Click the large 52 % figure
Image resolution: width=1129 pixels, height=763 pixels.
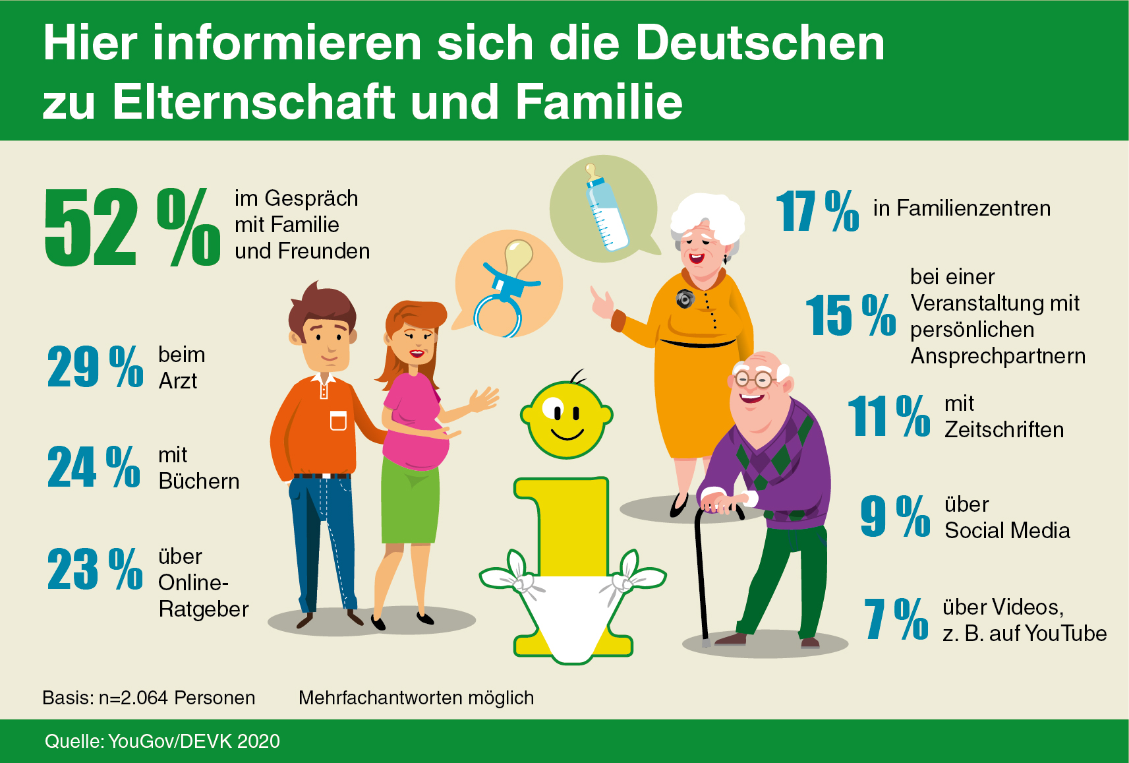[132, 228]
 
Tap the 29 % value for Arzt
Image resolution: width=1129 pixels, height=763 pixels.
[95, 367]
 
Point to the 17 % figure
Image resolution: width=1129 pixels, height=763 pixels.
[817, 211]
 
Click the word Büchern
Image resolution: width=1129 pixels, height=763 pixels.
[199, 481]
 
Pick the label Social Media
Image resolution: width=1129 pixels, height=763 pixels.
[1007, 530]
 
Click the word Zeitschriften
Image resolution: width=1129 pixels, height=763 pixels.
[1004, 430]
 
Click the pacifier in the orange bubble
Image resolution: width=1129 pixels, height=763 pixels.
[506, 290]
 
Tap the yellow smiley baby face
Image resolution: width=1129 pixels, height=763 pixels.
[566, 419]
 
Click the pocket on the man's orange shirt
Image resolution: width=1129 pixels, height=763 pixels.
[338, 420]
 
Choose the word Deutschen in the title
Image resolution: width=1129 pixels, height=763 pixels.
[760, 44]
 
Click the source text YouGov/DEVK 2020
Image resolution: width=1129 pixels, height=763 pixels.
[194, 741]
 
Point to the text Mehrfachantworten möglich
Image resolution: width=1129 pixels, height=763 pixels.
[416, 698]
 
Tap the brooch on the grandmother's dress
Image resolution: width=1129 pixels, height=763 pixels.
[685, 299]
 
